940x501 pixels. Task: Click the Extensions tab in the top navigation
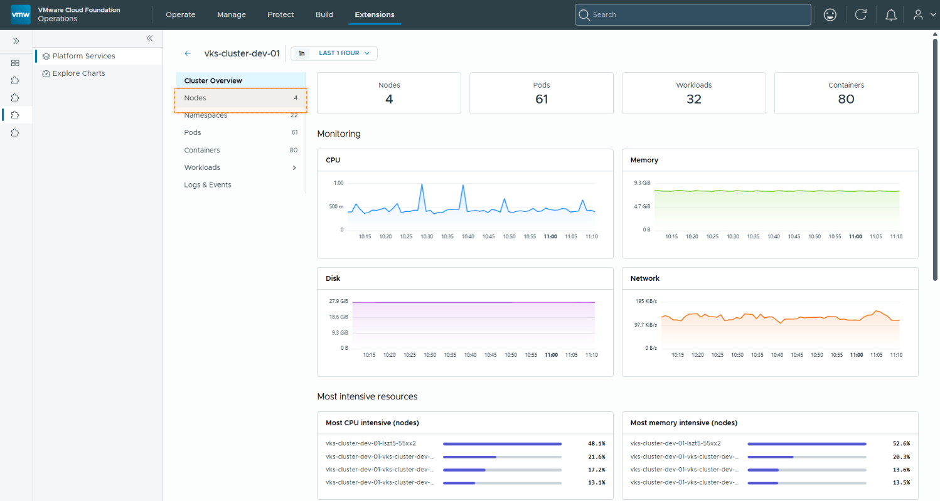click(x=375, y=14)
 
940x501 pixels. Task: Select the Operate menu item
click(x=181, y=14)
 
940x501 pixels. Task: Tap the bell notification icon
click(x=891, y=15)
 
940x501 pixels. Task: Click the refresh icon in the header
click(x=861, y=14)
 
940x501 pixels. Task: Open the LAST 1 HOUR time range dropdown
click(x=344, y=53)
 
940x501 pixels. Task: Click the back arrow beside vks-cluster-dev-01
click(x=188, y=54)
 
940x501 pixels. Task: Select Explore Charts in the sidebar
click(x=78, y=73)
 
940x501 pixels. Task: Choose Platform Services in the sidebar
click(x=83, y=56)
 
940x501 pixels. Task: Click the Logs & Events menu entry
click(x=207, y=185)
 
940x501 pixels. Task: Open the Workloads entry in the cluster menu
click(x=202, y=167)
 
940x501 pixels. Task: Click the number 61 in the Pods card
click(x=542, y=99)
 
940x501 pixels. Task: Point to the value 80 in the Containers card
click(x=846, y=99)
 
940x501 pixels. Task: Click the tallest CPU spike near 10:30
click(x=422, y=184)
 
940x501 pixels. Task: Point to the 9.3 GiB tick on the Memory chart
click(x=642, y=183)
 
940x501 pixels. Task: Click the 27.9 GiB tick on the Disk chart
click(x=338, y=301)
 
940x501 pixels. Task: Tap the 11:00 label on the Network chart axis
click(x=857, y=355)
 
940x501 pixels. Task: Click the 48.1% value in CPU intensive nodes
click(x=596, y=443)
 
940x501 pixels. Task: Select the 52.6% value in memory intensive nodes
click(x=901, y=443)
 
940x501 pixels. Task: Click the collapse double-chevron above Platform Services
click(x=149, y=39)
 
